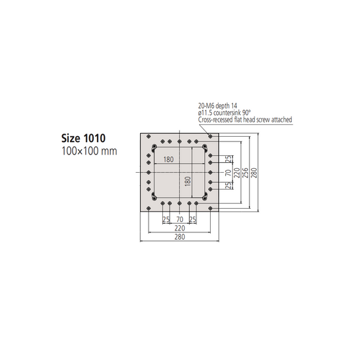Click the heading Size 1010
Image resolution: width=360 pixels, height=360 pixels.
[84, 139]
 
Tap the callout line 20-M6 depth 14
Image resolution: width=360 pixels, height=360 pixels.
[218, 105]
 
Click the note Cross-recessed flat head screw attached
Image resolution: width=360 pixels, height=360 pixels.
[244, 120]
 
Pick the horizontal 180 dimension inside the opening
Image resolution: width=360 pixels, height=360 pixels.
[169, 160]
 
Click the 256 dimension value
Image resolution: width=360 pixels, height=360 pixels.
[245, 171]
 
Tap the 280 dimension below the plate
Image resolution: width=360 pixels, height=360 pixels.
[179, 237]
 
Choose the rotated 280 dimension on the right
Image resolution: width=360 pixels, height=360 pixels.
[254, 171]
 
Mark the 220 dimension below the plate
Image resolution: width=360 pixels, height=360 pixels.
[179, 228]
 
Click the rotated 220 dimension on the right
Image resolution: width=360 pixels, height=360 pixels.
[237, 171]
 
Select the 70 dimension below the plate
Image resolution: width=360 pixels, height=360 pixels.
[179, 219]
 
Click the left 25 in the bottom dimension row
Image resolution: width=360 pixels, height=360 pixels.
[166, 219]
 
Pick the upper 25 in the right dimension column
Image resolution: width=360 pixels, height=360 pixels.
[228, 159]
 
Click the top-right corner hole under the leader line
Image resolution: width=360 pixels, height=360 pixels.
[210, 137]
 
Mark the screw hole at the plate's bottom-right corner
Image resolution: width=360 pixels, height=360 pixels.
[210, 208]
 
